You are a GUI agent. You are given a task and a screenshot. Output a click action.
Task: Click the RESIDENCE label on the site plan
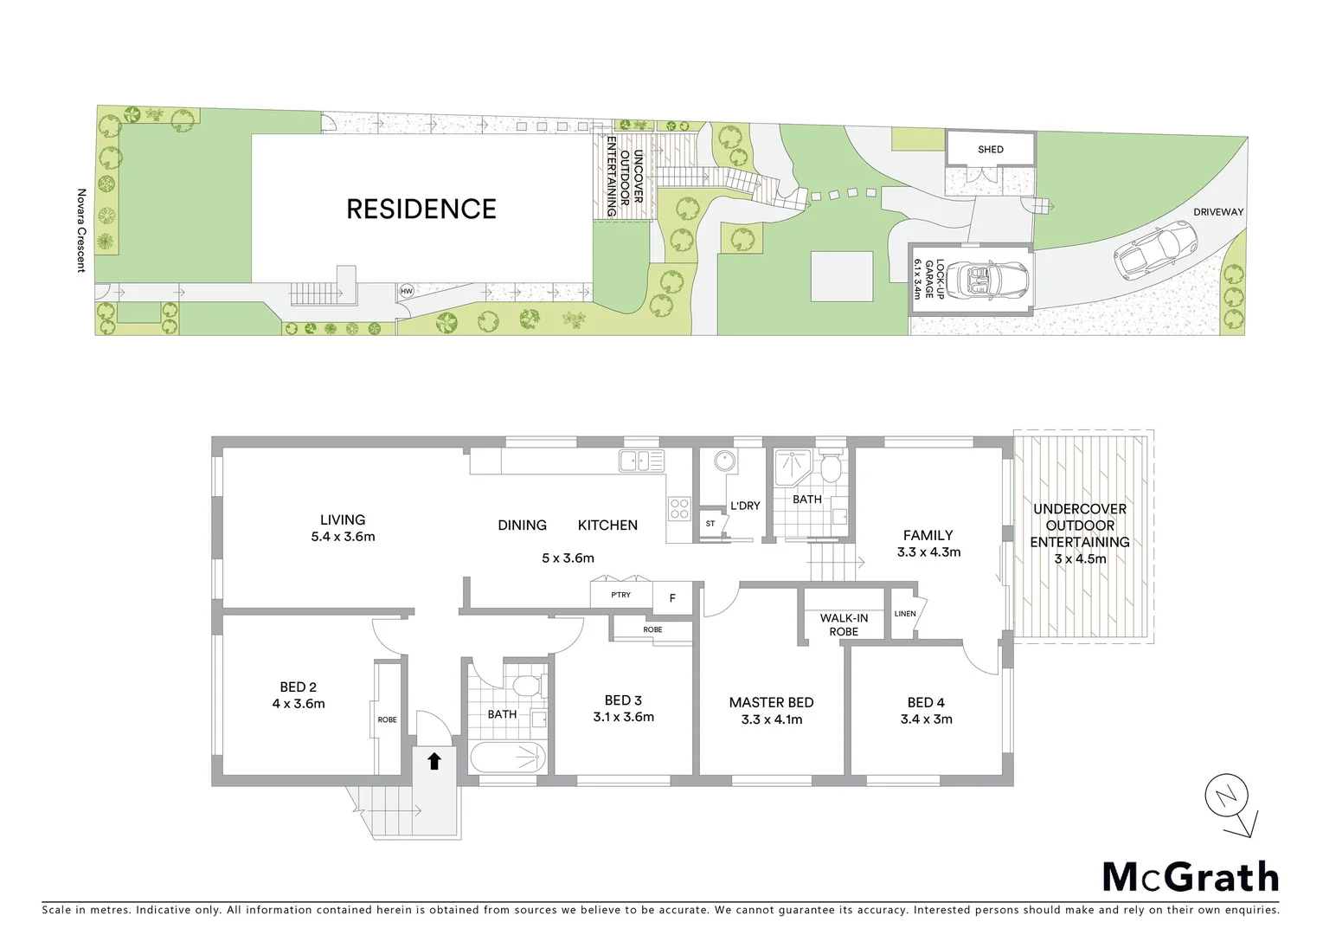(x=421, y=209)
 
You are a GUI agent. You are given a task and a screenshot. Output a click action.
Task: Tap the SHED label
(x=991, y=150)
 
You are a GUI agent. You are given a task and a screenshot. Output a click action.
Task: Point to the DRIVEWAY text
(x=1218, y=212)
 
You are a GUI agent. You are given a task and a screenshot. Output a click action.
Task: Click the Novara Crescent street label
(x=82, y=230)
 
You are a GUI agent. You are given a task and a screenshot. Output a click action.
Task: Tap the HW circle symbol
(x=406, y=292)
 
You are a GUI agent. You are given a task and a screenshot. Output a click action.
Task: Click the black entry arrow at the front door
(x=434, y=761)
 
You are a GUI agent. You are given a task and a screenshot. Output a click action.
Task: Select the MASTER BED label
(x=771, y=703)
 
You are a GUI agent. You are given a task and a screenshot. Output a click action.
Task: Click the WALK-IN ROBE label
(x=844, y=624)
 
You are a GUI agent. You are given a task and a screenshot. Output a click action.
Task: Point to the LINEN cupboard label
(x=904, y=614)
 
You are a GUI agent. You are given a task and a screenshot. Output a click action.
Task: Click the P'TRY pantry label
(x=620, y=595)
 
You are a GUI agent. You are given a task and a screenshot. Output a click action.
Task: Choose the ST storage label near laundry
(x=710, y=524)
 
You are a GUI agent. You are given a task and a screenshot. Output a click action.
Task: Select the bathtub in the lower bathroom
(x=508, y=758)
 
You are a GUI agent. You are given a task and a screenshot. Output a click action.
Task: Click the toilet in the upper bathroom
(x=830, y=468)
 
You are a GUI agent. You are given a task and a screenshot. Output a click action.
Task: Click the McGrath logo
(x=1190, y=877)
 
